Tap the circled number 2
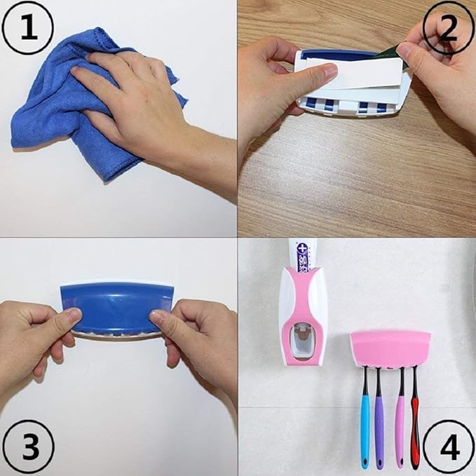click(x=448, y=27)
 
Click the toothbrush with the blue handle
click(x=366, y=428)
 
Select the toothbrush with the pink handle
click(x=400, y=428)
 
